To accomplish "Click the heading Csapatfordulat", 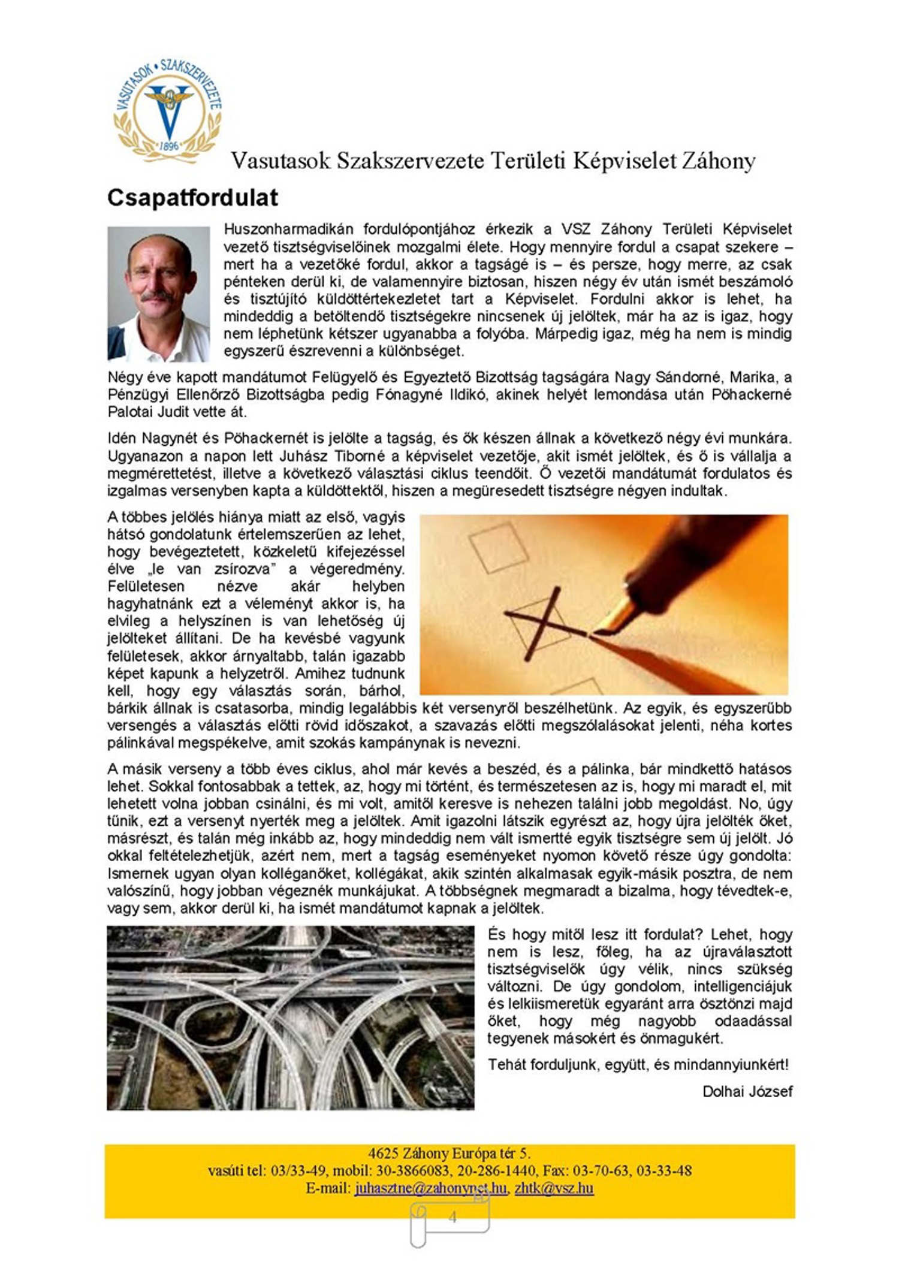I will point(192,198).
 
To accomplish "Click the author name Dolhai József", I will point(747,1091).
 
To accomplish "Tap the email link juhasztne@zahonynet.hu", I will point(430,1188).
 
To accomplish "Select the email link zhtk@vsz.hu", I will point(554,1188).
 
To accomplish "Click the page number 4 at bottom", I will point(452,1216).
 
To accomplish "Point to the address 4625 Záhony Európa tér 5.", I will point(450,1154).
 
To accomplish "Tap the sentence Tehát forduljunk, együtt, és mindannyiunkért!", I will point(638,1064).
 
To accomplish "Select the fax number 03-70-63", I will point(600,1170).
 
